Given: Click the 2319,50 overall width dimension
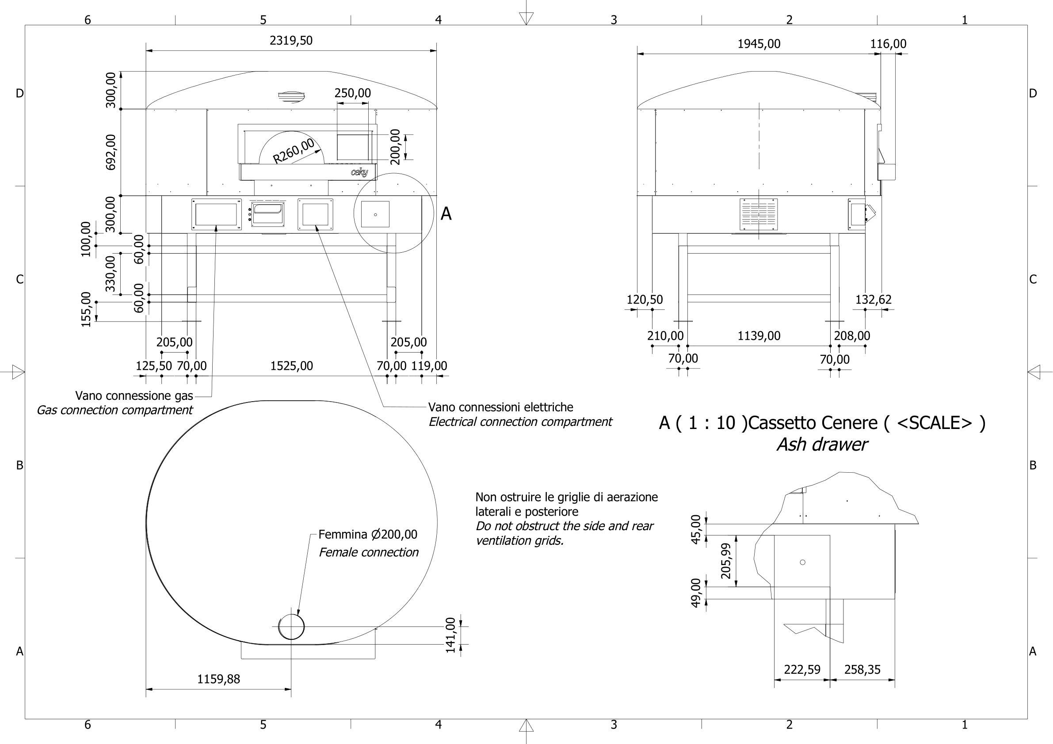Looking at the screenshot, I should (x=291, y=40).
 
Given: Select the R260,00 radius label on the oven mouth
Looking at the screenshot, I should (x=294, y=150).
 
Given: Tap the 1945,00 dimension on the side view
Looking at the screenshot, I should (x=759, y=44).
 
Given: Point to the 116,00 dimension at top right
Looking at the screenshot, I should (x=888, y=44).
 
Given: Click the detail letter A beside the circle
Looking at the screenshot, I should (x=446, y=214).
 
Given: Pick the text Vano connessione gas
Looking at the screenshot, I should (x=134, y=395).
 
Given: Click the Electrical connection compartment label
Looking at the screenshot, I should (x=519, y=422).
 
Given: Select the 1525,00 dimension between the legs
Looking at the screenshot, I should (x=291, y=366).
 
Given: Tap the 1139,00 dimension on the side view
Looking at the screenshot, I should (x=759, y=336).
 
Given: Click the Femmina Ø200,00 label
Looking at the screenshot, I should (x=367, y=535).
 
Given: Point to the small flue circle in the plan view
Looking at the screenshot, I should (x=291, y=626).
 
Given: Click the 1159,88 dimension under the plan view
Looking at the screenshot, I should (x=218, y=679).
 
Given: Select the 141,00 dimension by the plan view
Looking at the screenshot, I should (x=450, y=635).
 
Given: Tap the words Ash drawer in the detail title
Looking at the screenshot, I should (x=821, y=444).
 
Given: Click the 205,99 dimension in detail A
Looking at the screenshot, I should (x=726, y=561).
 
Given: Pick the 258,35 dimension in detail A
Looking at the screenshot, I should (x=862, y=670).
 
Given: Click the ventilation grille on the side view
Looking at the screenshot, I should (x=758, y=214).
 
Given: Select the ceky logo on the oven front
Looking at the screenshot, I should (x=359, y=172).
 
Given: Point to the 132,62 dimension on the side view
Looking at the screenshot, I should (x=873, y=300).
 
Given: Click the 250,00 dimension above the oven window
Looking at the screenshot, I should (x=352, y=93).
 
